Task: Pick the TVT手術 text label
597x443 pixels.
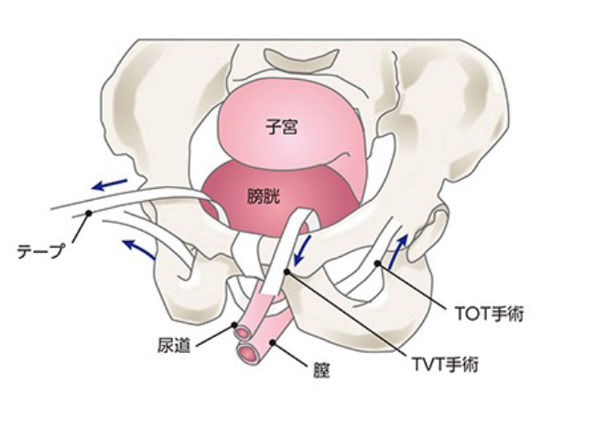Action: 446,363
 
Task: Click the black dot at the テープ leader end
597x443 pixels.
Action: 89,214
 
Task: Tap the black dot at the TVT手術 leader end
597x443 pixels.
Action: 287,271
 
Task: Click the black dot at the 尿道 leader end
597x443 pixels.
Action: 235,326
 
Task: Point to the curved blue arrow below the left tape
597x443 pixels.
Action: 138,246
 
